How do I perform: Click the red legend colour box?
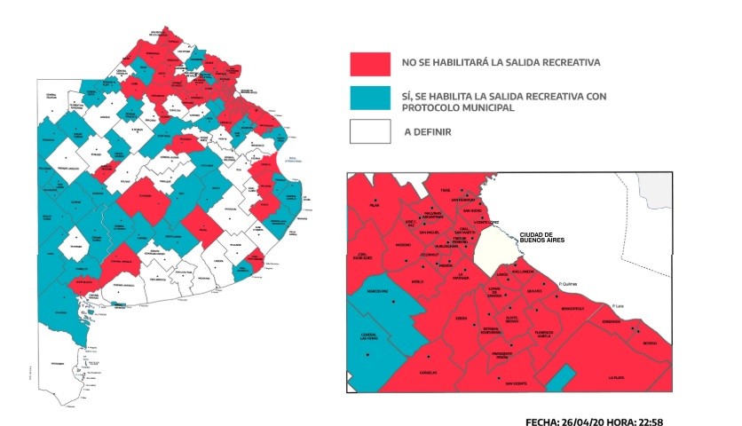coord(369,63)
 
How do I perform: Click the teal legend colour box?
coord(369,98)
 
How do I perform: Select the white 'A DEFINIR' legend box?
coord(369,131)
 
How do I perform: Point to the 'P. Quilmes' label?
coord(569,284)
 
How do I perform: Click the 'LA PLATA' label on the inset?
coord(618,376)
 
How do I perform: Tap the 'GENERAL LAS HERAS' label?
coord(370,336)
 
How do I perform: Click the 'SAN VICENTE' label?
coord(517,383)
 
